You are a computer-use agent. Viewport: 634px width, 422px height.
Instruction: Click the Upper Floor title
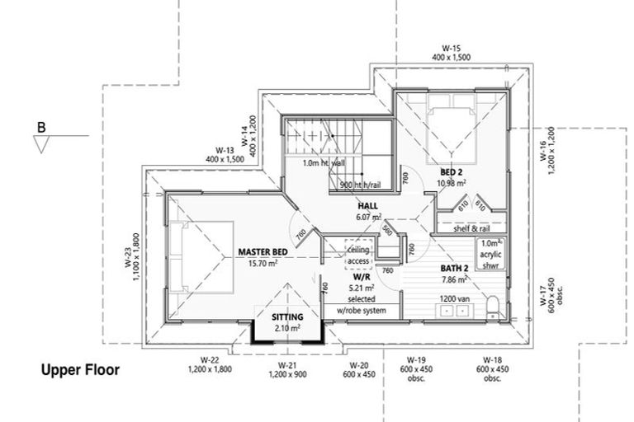click(80, 371)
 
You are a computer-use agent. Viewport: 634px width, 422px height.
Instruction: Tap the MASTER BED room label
click(263, 252)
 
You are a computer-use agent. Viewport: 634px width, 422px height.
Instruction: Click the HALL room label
click(367, 206)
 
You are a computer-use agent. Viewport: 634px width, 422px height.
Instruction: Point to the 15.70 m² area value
click(263, 264)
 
